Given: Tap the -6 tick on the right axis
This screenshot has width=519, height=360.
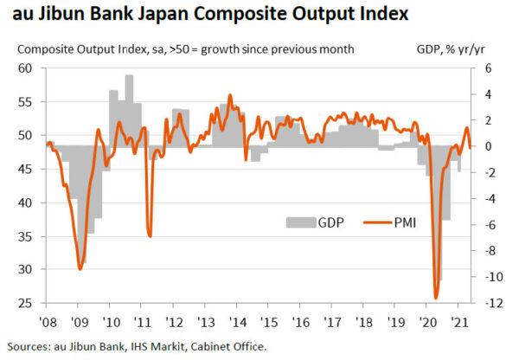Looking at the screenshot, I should (x=487, y=224).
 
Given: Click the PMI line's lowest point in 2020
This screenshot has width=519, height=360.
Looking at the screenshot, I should (x=436, y=297).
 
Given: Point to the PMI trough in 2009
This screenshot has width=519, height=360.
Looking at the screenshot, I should (x=80, y=268).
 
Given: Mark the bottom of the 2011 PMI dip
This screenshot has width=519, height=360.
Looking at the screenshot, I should (x=150, y=235).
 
